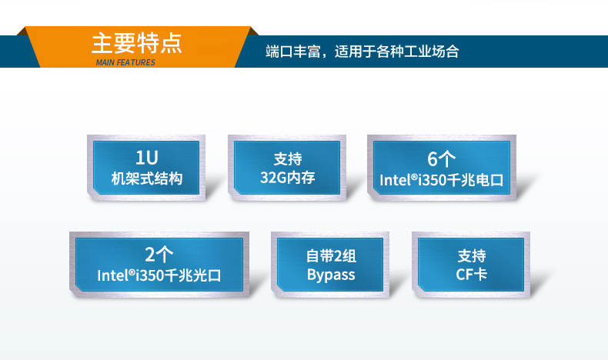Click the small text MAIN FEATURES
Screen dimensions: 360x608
[x=125, y=62]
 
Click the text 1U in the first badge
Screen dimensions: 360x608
[x=146, y=158]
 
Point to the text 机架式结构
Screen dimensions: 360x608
[x=146, y=179]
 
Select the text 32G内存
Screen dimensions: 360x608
[x=288, y=179]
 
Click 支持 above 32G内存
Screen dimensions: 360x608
[x=288, y=159]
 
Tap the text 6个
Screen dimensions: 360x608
[x=442, y=159]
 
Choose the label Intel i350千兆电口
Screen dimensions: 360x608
[x=442, y=180]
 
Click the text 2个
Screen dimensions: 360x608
[x=159, y=255]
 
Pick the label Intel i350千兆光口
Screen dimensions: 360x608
[x=159, y=275]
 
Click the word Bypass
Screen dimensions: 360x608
[x=331, y=275]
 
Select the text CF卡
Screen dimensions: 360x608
[x=471, y=275]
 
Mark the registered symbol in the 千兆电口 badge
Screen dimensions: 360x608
[x=412, y=177]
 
